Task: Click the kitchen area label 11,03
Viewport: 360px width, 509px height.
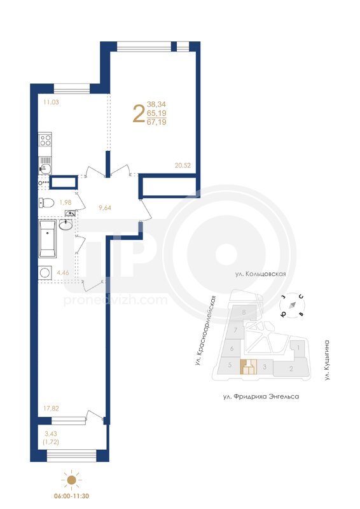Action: click(x=51, y=102)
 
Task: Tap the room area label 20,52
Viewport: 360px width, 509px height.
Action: click(x=183, y=165)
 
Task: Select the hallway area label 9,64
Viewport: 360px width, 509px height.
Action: click(x=105, y=208)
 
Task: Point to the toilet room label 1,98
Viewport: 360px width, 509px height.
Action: click(x=65, y=202)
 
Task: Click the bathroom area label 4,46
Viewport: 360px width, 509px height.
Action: click(x=63, y=273)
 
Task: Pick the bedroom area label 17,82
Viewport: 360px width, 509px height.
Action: click(x=52, y=408)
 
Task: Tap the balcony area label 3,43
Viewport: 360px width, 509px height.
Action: click(x=50, y=434)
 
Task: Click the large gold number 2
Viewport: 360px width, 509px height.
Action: click(x=139, y=114)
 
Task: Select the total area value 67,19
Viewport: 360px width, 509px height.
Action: click(x=156, y=122)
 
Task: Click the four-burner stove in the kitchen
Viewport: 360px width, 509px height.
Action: click(x=45, y=139)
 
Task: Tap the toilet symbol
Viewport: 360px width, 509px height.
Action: click(x=46, y=203)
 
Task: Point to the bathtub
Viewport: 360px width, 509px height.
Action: click(x=48, y=239)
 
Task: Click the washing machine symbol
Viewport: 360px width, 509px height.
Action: click(x=45, y=273)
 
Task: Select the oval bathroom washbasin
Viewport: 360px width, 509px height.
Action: click(x=66, y=225)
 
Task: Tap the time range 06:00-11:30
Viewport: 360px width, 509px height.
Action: click(x=71, y=496)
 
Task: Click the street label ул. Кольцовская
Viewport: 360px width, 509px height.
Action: click(x=261, y=274)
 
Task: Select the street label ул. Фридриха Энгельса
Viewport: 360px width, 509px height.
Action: click(x=261, y=396)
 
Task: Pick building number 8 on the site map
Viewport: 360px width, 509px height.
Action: click(x=244, y=312)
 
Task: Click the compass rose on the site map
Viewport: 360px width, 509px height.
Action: click(x=293, y=305)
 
